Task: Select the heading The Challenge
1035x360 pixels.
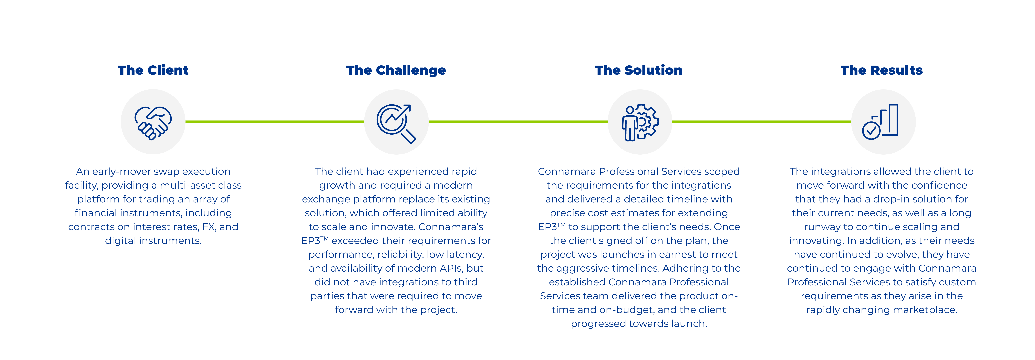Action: pos(396,70)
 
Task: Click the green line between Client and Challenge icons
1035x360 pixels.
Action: pos(275,121)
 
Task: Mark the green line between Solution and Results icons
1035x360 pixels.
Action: pos(762,121)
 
